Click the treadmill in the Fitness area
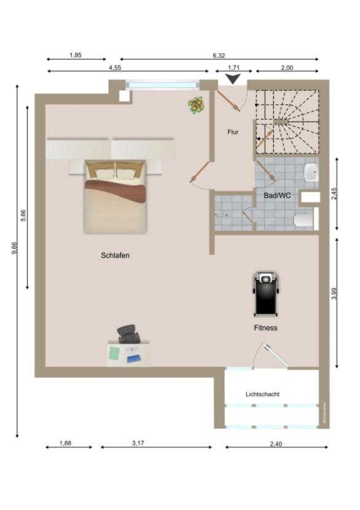pos(265,294)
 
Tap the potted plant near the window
pos(196,105)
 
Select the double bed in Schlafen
pos(115,197)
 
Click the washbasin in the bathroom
pos(311,173)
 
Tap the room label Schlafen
pos(115,255)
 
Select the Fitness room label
pos(265,328)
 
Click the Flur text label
pos(233,132)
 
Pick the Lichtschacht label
pos(262,394)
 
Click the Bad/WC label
pos(277,195)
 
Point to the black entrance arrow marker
pos(233,79)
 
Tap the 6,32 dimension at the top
pos(219,55)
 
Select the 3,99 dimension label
pos(334,294)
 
